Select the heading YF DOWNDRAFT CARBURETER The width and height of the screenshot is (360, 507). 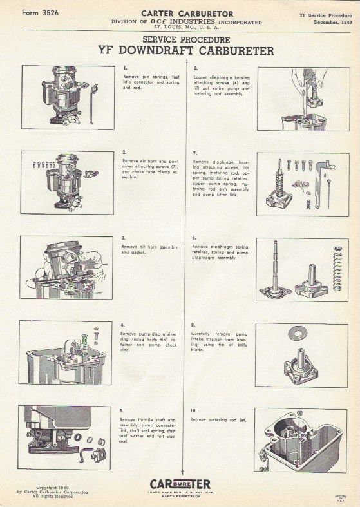(x=186, y=51)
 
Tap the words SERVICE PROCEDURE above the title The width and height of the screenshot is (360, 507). (x=185, y=39)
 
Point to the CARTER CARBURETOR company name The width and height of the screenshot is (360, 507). (x=186, y=12)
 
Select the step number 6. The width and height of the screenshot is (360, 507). (x=195, y=67)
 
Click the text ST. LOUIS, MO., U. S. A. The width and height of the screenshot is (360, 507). (x=186, y=27)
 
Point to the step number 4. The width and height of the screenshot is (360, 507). (x=123, y=325)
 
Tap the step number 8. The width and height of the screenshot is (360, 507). (x=195, y=238)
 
